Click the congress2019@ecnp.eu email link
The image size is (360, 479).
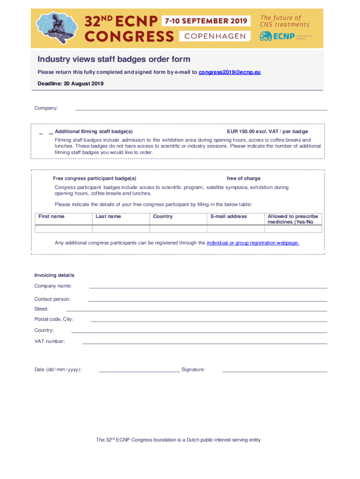pos(230,72)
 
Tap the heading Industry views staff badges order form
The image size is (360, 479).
pos(114,59)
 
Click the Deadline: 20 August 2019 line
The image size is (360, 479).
pos(71,84)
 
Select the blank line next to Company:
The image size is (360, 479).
pos(201,109)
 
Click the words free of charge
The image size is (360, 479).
pos(244,178)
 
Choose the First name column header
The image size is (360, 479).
pos(51,216)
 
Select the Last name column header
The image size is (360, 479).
pos(108,216)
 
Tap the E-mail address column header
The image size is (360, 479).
pos(229,216)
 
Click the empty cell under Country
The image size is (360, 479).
pos(178,229)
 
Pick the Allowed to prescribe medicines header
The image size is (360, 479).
pos(293,219)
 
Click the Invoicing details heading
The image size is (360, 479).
pos(54,275)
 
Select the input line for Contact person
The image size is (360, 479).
pos(207,300)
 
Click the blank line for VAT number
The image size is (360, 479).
pos(204,343)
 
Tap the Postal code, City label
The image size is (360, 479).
pos(54,319)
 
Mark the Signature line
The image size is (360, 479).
pos(274,371)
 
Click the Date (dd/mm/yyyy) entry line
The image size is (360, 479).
pos(139,371)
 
